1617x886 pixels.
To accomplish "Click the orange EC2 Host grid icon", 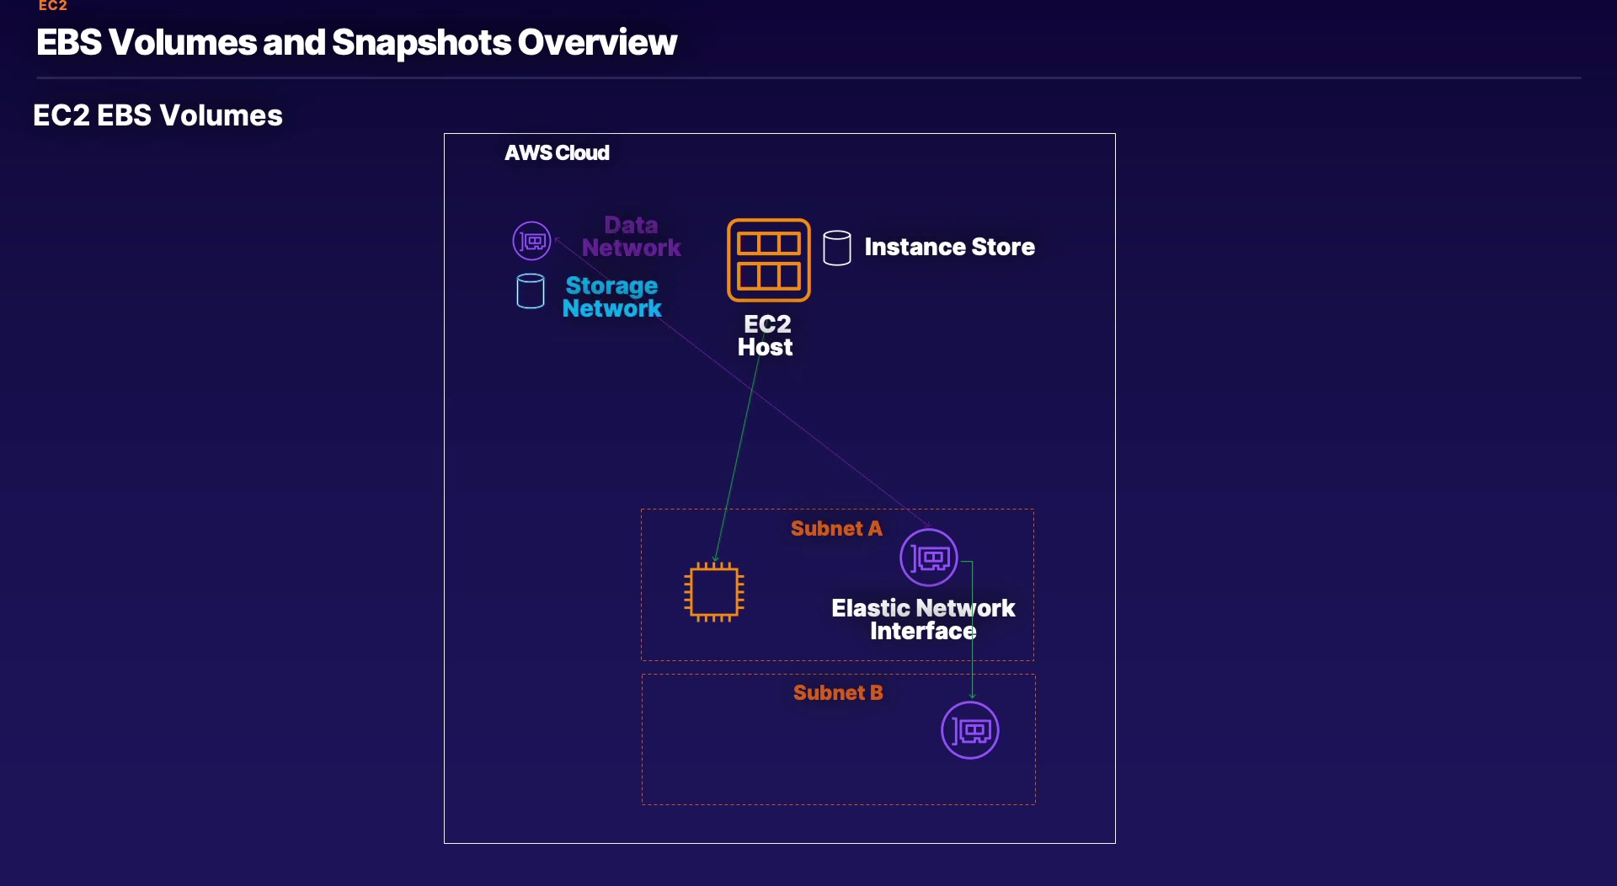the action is [769, 259].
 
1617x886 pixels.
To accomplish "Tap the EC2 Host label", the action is [766, 335].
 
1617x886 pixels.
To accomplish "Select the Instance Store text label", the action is [949, 247].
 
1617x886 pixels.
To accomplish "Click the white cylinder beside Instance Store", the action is [837, 248].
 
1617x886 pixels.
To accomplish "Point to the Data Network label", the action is [632, 236].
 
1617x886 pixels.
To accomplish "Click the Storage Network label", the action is [612, 296].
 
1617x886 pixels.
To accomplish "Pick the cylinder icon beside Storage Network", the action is [531, 291].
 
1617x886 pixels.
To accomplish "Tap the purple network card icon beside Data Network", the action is [532, 241].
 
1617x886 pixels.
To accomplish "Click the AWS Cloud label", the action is [557, 152].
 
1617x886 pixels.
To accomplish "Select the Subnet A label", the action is [836, 528].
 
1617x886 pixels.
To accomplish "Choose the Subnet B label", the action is [838, 692].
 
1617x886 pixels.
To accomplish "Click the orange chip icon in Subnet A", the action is [714, 591].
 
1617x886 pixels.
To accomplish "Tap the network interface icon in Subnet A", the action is [929, 558].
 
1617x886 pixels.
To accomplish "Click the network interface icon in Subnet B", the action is [970, 730].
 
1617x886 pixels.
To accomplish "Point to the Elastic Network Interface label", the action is [923, 619].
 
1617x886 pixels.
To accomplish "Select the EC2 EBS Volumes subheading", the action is [157, 115].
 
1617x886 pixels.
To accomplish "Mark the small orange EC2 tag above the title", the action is [52, 5].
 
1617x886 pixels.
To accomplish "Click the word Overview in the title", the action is [597, 42].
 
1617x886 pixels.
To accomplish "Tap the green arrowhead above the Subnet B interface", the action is [973, 695].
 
